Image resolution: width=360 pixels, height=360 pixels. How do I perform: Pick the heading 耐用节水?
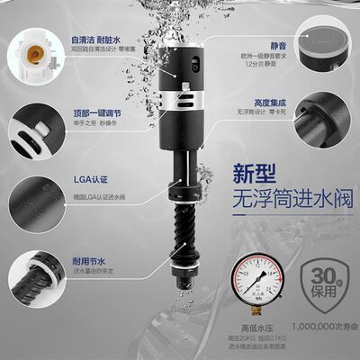(85, 258)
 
